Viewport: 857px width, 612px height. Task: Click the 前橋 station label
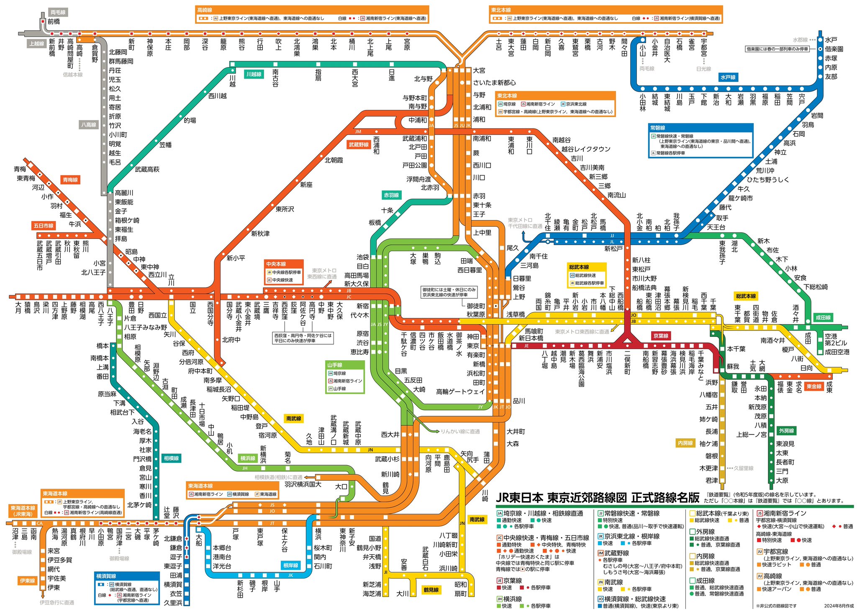tap(54, 21)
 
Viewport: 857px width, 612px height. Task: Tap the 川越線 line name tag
tap(254, 74)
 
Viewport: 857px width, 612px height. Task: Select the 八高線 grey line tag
tap(88, 125)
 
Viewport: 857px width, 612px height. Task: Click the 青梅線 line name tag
tap(70, 180)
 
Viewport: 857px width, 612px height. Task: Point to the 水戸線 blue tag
tap(728, 77)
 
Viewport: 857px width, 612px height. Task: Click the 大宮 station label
tap(479, 71)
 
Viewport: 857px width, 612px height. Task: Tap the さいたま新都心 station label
tap(494, 83)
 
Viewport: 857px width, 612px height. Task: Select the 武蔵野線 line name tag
tap(359, 145)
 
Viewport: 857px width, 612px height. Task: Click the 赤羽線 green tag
tap(392, 195)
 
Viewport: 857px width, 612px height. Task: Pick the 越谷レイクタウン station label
tap(585, 149)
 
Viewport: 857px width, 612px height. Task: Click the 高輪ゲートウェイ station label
tap(460, 392)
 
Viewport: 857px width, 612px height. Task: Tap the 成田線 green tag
tap(823, 318)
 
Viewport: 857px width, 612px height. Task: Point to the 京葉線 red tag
tap(661, 336)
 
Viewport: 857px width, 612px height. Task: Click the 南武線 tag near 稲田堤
tap(294, 418)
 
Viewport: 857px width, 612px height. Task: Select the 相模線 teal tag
tap(171, 458)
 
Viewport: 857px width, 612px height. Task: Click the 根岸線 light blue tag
tap(290, 565)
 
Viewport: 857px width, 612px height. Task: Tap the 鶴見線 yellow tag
tap(431, 590)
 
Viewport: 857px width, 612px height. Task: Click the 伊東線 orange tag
tap(28, 581)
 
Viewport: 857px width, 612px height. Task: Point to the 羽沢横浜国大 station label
tap(303, 484)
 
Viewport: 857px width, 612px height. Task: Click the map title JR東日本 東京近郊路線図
tap(597, 498)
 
